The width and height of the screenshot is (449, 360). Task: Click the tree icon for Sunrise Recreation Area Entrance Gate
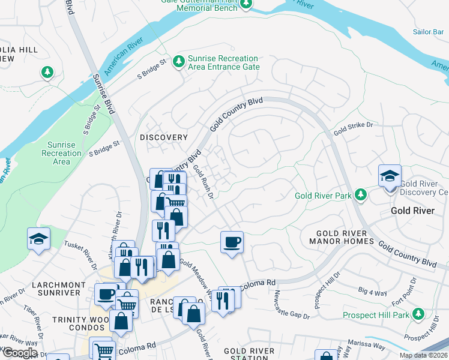point(178,62)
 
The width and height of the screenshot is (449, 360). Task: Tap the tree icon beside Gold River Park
point(360,195)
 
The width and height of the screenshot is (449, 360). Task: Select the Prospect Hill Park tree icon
point(418,314)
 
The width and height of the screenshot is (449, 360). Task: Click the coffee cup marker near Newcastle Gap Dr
point(232,242)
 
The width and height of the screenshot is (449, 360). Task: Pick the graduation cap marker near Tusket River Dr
point(38,238)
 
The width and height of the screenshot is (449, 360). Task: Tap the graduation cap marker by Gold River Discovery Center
point(390,176)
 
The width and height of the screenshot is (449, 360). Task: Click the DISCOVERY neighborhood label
point(164,137)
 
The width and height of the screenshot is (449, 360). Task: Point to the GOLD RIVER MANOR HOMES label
point(338,238)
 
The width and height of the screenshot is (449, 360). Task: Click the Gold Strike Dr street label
point(354,128)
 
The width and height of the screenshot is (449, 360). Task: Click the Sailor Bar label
point(428,32)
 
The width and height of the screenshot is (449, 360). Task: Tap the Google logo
point(20,353)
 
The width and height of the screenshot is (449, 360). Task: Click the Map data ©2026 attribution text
point(423,355)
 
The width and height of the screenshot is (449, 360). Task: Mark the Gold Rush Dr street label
point(203,182)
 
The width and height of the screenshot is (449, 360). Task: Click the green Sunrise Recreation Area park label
point(61,153)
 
